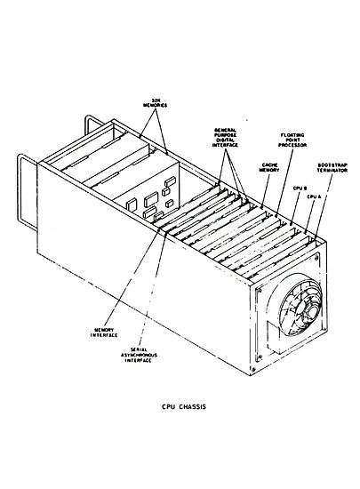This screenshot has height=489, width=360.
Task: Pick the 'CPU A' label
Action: (x=312, y=196)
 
